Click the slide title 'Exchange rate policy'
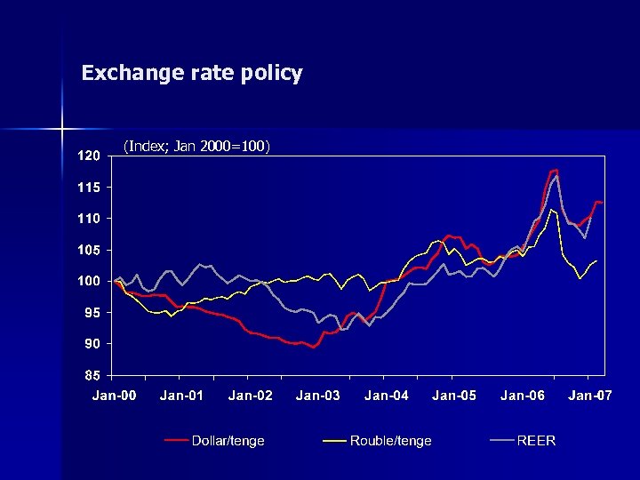pyautogui.click(x=192, y=73)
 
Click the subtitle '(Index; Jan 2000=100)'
pyautogui.click(x=196, y=145)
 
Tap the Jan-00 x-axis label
pyautogui.click(x=115, y=396)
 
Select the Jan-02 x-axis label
pyautogui.click(x=251, y=396)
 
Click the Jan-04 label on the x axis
pyautogui.click(x=387, y=396)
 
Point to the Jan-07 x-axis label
pyautogui.click(x=590, y=396)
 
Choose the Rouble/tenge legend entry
pyautogui.click(x=390, y=441)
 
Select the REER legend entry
pyautogui.click(x=536, y=441)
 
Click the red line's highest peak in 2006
pyautogui.click(x=556, y=170)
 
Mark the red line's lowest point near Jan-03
pyautogui.click(x=314, y=348)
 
